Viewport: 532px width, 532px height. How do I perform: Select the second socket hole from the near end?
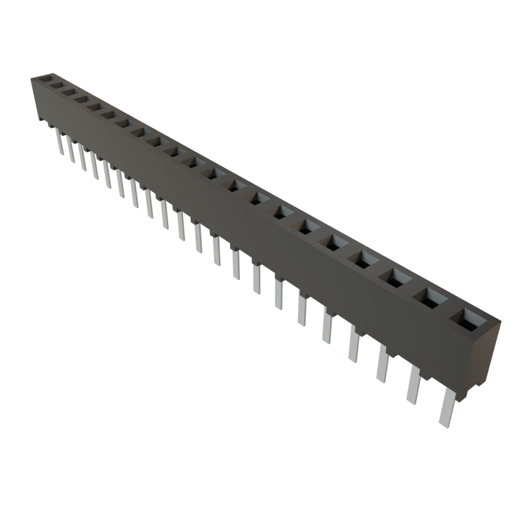pyautogui.click(x=431, y=298)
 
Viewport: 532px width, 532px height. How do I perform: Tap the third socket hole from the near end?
pyautogui.click(x=396, y=277)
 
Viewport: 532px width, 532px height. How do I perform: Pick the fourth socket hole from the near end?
pyautogui.click(x=364, y=259)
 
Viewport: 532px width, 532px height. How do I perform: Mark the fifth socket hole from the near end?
pyautogui.click(x=335, y=242)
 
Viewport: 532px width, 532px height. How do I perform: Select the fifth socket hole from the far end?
pyautogui.click(x=94, y=106)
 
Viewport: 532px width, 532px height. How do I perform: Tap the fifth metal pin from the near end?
pyautogui.click(x=327, y=327)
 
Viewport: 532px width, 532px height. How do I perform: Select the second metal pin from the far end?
pyautogui.click(x=71, y=149)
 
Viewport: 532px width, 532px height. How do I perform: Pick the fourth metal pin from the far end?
pyautogui.click(x=95, y=166)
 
